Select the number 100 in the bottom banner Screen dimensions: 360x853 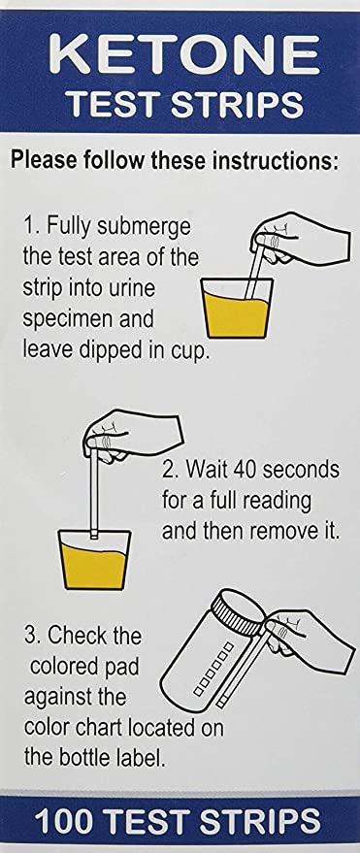coord(67,820)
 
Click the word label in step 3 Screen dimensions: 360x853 coord(141,758)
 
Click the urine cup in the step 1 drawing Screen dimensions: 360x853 coord(238,308)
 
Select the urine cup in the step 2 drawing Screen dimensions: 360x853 coord(95,559)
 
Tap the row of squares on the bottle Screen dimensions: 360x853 coord(213,670)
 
